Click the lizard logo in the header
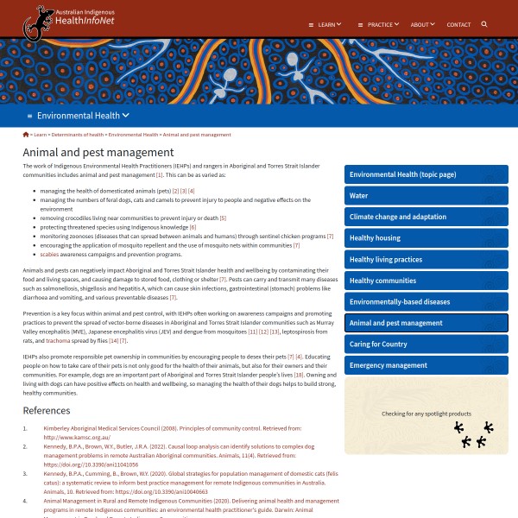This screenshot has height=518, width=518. point(38,22)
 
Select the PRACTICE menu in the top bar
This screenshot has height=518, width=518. point(382,24)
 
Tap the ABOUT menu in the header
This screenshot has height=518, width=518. point(422,24)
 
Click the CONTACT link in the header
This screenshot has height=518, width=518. point(458,24)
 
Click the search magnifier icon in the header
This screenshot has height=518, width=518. point(484,24)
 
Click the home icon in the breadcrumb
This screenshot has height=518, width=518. point(26,135)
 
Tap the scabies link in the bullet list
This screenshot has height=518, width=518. point(49,255)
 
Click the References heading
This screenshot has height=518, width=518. point(47,410)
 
